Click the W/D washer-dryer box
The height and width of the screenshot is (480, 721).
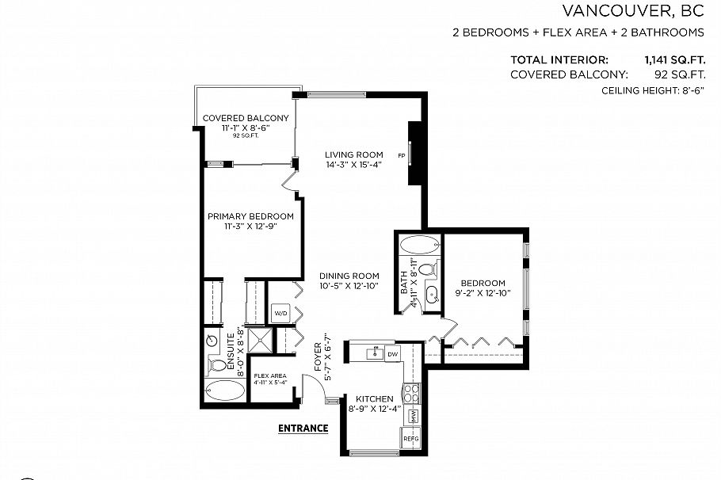(280, 313)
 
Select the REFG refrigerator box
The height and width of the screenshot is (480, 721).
(411, 438)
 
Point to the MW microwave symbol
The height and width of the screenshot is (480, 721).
(413, 416)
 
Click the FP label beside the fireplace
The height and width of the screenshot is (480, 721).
(401, 155)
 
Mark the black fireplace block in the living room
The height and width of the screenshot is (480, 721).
(414, 154)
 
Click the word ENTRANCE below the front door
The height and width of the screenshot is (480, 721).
(303, 429)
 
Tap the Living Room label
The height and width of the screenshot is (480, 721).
(354, 154)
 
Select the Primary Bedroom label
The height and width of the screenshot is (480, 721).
(250, 216)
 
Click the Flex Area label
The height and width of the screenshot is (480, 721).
(269, 375)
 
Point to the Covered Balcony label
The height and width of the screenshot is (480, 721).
(245, 118)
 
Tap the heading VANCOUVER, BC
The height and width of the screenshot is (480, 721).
(633, 11)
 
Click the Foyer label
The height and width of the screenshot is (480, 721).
(319, 357)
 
